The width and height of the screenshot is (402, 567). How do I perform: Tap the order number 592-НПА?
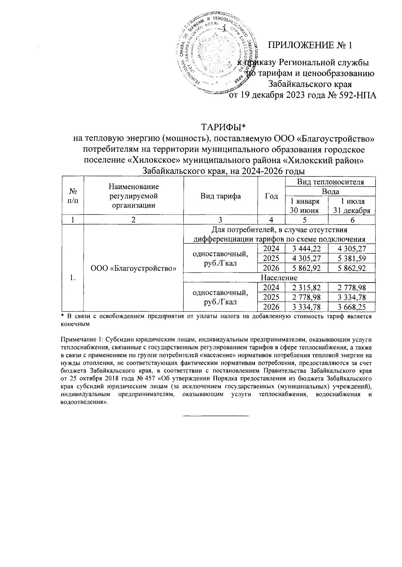pyautogui.click(x=356, y=96)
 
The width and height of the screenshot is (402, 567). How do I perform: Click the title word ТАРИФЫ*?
pyautogui.click(x=223, y=127)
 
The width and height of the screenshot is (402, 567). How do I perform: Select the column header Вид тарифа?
pyautogui.click(x=220, y=196)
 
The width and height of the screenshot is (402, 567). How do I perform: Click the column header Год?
pyautogui.click(x=271, y=196)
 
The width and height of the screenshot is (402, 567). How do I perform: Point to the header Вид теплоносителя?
pyautogui.click(x=330, y=182)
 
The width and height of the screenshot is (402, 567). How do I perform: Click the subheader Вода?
pyautogui.click(x=330, y=191)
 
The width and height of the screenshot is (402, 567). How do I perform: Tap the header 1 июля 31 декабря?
pyautogui.click(x=351, y=206)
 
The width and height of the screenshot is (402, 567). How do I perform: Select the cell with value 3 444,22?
pyautogui.click(x=306, y=249)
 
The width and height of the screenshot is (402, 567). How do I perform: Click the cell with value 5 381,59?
pyautogui.click(x=351, y=258)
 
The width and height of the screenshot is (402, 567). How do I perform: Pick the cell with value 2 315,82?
pyautogui.click(x=306, y=288)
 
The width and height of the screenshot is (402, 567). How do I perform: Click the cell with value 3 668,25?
pyautogui.click(x=351, y=307)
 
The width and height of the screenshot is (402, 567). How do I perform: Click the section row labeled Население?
pyautogui.click(x=279, y=278)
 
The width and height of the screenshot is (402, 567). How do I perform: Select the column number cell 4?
pyautogui.click(x=271, y=220)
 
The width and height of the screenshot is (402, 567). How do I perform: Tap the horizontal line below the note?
pyautogui.click(x=215, y=416)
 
